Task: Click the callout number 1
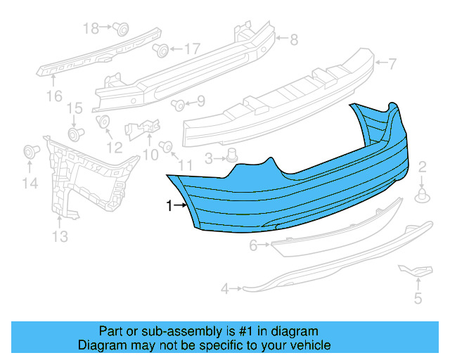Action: pyautogui.click(x=169, y=206)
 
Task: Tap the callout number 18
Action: pyautogui.click(x=91, y=28)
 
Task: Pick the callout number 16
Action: pyautogui.click(x=54, y=95)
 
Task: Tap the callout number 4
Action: pyautogui.click(x=225, y=288)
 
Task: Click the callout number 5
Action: pyautogui.click(x=418, y=299)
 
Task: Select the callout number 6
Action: pyautogui.click(x=253, y=245)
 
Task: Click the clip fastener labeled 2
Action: pyautogui.click(x=423, y=195)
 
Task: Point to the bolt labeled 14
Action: pyautogui.click(x=30, y=152)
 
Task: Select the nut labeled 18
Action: pyautogui.click(x=121, y=29)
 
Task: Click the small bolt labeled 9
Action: pyautogui.click(x=178, y=105)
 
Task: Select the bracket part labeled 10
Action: pyautogui.click(x=141, y=129)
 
